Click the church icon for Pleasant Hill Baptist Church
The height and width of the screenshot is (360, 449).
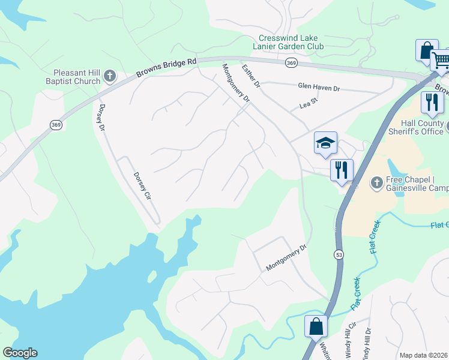109,76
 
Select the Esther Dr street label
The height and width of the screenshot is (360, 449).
251,77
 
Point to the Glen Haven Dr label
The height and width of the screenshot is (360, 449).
319,88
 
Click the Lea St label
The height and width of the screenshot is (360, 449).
308,106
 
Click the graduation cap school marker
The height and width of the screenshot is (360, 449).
325,143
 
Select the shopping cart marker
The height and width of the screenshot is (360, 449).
441,59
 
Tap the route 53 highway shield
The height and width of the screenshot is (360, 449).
340,255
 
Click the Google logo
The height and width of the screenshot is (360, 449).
20,353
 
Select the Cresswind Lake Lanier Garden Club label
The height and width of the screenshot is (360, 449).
288,42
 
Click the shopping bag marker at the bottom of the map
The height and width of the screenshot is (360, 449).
316,327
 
